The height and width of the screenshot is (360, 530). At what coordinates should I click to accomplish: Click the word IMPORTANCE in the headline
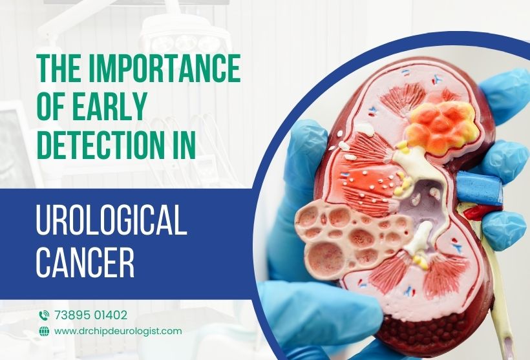coord(164,68)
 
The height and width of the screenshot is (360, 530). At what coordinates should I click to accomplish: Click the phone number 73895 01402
coord(91,315)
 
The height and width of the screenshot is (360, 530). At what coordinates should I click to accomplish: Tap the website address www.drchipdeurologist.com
coord(118,331)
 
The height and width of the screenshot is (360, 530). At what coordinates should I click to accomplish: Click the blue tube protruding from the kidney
coord(479,187)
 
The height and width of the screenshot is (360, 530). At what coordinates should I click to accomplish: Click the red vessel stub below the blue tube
coord(476,211)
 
